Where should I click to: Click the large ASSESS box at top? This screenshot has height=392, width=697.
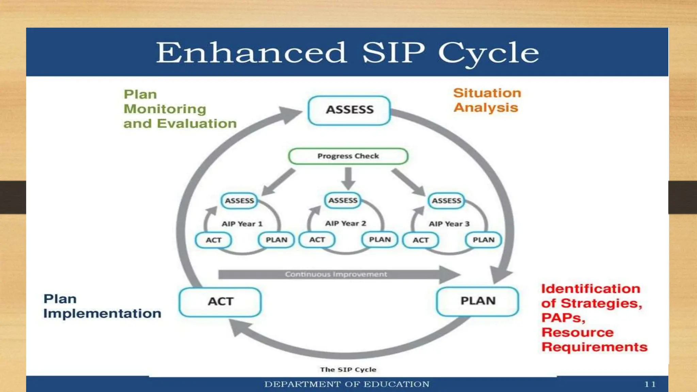[x=349, y=110]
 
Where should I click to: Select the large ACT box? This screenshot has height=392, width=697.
[x=220, y=302]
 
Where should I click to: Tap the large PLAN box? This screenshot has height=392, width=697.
[x=477, y=301]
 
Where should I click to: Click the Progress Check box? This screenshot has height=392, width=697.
[x=348, y=156]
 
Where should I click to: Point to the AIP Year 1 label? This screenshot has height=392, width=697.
[x=242, y=224]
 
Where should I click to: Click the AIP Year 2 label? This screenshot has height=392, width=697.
[x=345, y=224]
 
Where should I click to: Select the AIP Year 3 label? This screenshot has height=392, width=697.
[x=449, y=224]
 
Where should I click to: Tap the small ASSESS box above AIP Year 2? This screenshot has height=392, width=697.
[x=343, y=200]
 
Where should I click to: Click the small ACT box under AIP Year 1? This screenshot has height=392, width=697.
[x=213, y=240]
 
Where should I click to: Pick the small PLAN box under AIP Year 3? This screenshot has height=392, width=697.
[x=483, y=240]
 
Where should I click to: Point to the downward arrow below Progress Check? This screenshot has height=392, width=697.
[x=348, y=178]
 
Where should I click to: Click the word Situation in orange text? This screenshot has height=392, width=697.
[x=487, y=93]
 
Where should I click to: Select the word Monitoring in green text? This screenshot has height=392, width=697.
[x=165, y=109]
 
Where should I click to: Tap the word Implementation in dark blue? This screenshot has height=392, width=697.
[x=102, y=313]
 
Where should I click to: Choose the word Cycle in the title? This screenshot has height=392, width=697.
[x=488, y=53]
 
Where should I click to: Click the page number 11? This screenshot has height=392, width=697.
[x=650, y=385]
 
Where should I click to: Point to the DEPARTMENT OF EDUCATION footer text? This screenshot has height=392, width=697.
[x=347, y=385]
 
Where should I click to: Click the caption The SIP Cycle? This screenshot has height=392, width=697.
[x=348, y=370]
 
